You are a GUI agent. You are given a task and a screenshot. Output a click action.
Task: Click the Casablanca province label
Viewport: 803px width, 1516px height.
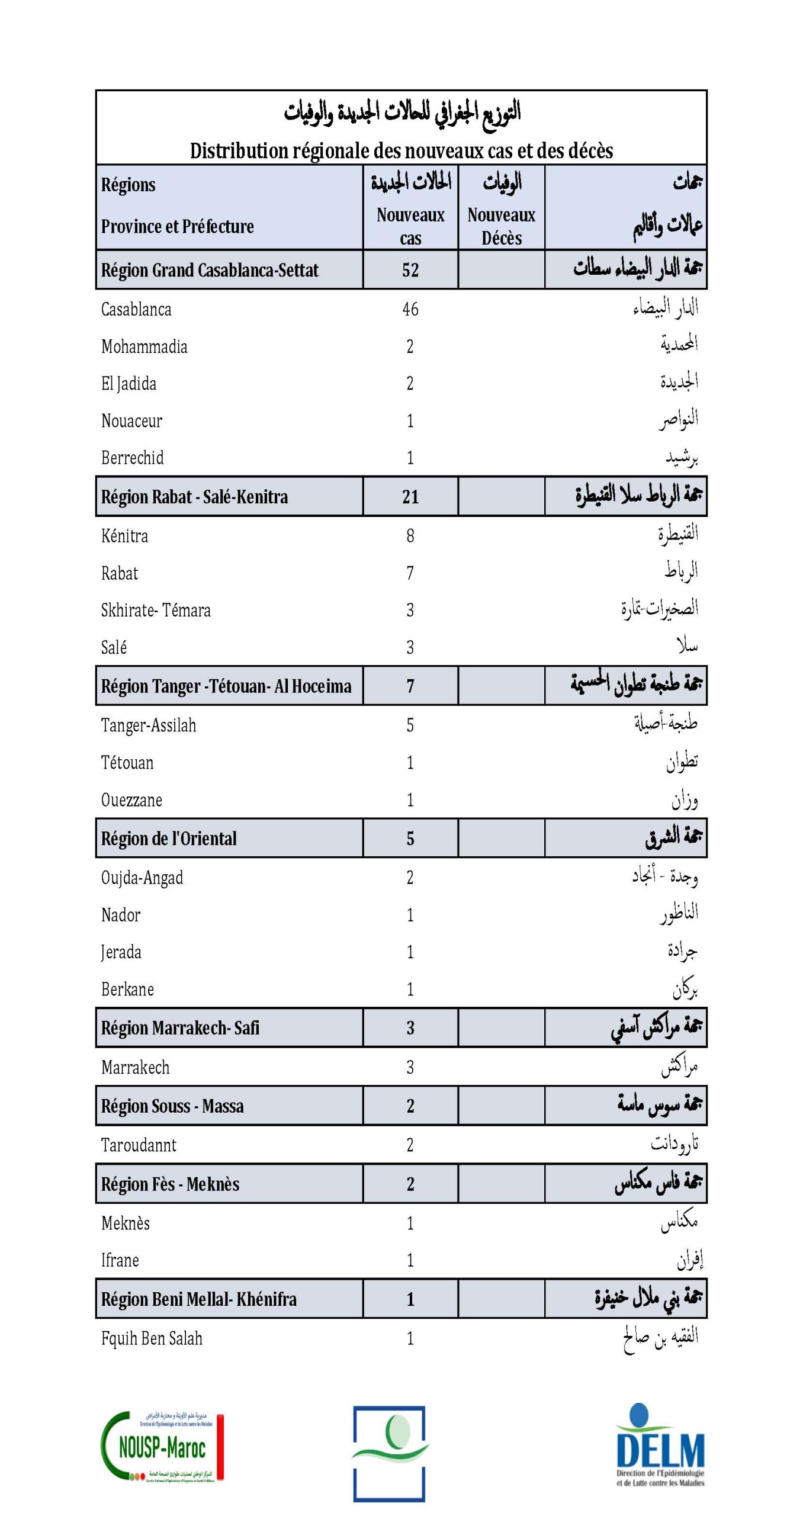click(x=136, y=309)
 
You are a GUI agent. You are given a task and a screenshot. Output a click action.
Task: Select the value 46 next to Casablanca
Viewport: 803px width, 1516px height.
click(x=410, y=309)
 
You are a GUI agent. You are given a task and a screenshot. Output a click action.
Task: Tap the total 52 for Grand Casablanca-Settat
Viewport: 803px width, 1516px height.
click(x=410, y=270)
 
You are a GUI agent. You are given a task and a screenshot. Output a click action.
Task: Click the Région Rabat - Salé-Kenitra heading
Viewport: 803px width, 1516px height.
click(x=194, y=496)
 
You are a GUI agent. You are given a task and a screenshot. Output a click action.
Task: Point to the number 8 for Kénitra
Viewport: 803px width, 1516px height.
click(x=410, y=536)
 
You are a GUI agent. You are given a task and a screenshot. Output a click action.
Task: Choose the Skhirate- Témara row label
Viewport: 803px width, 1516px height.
click(x=156, y=610)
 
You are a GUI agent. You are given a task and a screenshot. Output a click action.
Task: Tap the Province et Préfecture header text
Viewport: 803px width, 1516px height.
click(x=177, y=226)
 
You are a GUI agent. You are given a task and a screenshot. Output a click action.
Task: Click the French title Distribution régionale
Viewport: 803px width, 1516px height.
click(x=401, y=150)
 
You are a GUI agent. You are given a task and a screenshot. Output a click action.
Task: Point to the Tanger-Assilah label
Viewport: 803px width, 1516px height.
click(x=148, y=725)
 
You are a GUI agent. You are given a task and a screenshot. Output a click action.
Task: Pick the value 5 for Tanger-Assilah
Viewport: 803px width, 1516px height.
click(x=410, y=725)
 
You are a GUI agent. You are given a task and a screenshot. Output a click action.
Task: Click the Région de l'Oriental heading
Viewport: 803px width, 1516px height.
click(x=169, y=839)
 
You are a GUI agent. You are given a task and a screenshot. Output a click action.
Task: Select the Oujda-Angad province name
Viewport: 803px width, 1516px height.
click(x=142, y=878)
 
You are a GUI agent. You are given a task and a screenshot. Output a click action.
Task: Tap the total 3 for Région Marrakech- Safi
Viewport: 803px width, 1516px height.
click(x=410, y=1027)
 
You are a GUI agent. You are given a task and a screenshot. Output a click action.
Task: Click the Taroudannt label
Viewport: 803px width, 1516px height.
click(x=139, y=1145)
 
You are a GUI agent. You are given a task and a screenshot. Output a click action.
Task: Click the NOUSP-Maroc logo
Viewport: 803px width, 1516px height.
click(x=162, y=1447)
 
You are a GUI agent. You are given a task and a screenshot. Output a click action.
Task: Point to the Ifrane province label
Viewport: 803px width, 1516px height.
click(x=120, y=1260)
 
